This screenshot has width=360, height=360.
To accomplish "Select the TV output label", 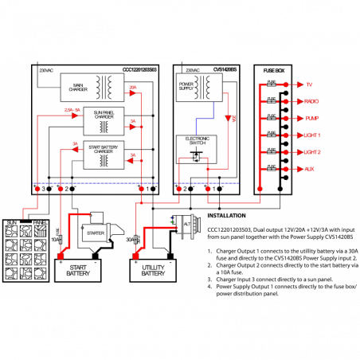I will [309, 84].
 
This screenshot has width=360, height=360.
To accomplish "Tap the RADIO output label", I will [312, 101].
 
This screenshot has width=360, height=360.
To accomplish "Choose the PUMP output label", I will [311, 118].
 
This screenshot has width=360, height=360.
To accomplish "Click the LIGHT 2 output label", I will [313, 152].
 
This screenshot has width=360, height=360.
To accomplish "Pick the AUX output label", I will [310, 170].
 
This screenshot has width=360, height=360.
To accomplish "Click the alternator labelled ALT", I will [185, 226].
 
